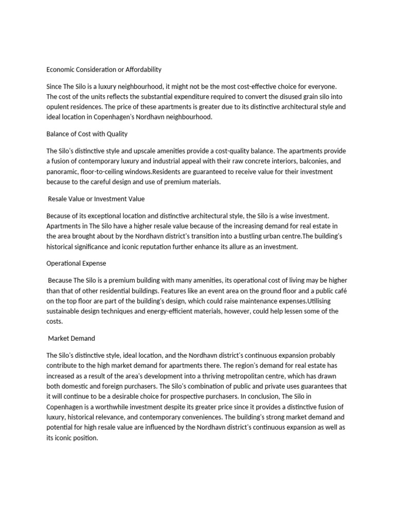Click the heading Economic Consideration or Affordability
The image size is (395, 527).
pyautogui.click(x=104, y=69)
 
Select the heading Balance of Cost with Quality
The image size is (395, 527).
pyautogui.click(x=87, y=134)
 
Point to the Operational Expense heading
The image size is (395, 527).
pyautogui.click(x=76, y=263)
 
